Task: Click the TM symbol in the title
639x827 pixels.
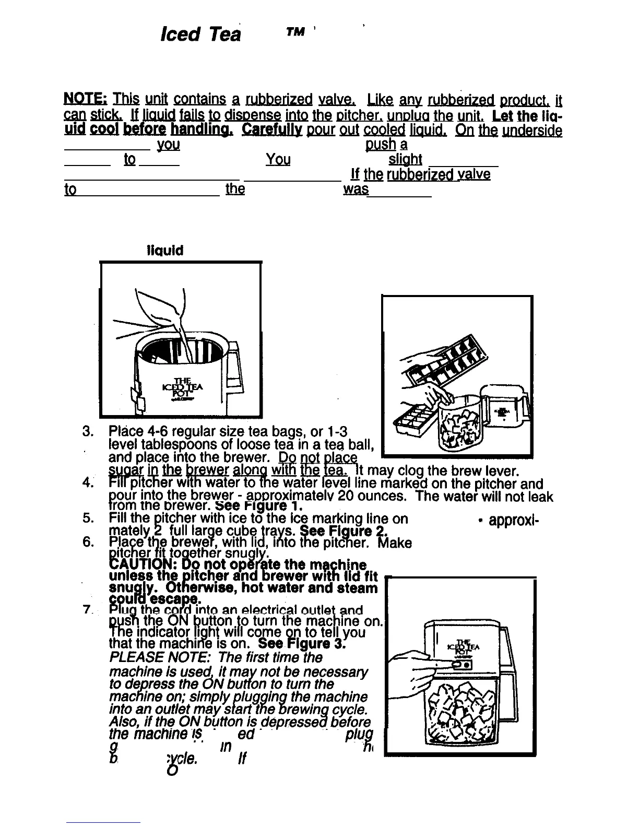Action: [x=295, y=32]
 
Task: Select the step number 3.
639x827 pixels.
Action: [x=88, y=432]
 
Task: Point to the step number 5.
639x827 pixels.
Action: [x=88, y=518]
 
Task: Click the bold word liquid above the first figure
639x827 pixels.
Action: [x=165, y=251]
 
